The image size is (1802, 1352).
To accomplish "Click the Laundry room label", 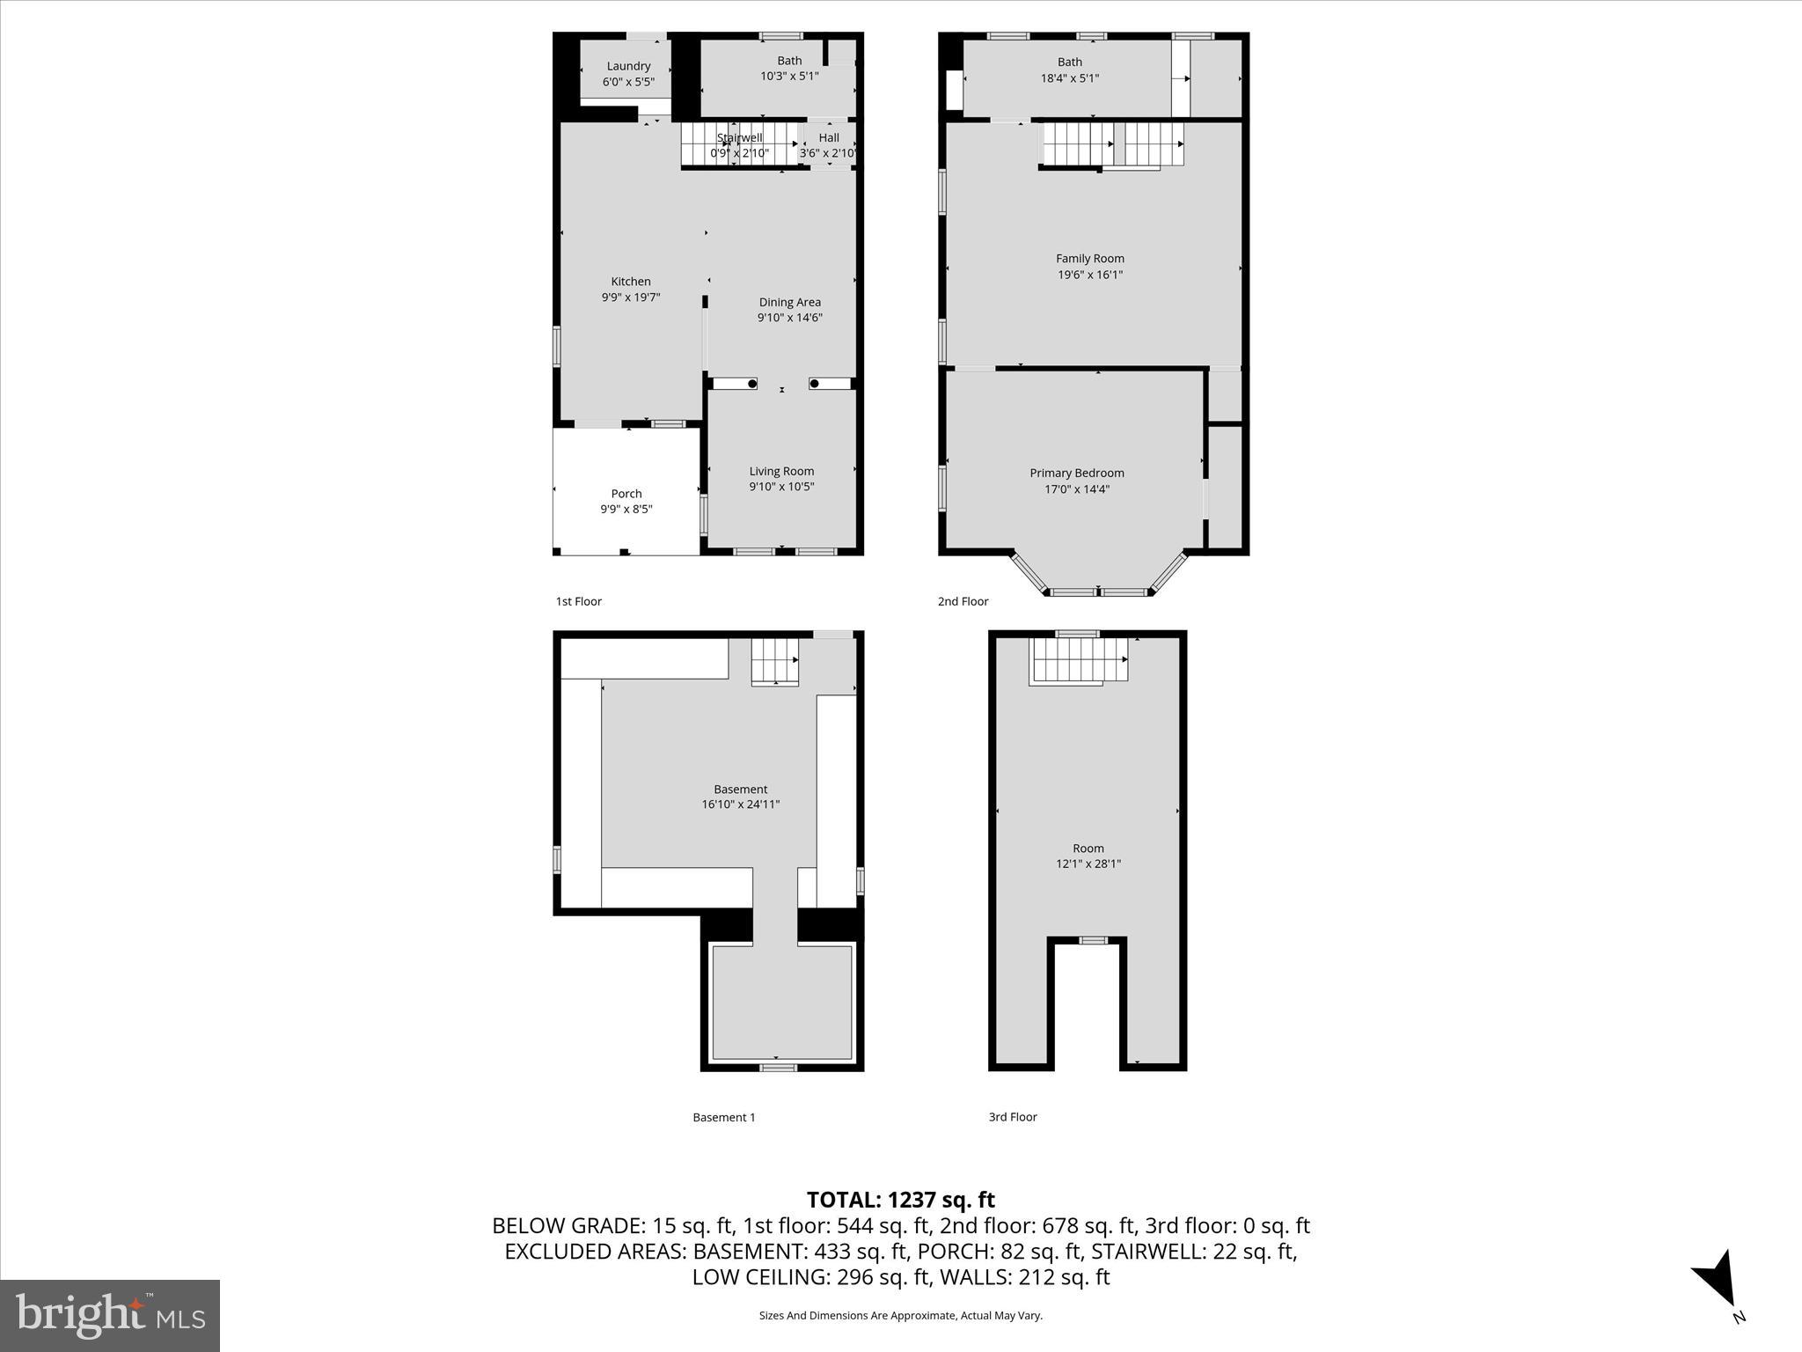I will pos(628,66).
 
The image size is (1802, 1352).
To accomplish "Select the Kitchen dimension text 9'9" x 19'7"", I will pos(631,298).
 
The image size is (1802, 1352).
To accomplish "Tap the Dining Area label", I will pos(789,302).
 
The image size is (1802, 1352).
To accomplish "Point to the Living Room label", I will pos(781,471).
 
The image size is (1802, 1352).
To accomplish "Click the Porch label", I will pos(626,494).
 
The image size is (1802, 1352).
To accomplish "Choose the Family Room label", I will pos(1090,259).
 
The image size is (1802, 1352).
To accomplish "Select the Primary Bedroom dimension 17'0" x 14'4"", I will pos(1077,489).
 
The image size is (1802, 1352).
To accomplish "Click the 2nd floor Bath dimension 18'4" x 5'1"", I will pos(1069,77).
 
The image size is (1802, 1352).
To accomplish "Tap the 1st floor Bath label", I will pos(789,61).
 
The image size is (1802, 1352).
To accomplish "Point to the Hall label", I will pos(829,137).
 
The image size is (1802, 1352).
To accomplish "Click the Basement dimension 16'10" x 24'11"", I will pos(740,805).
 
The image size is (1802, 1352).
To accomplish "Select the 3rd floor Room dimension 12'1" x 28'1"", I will pos(1088,863).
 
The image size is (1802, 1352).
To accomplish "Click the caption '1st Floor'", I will pos(578,601).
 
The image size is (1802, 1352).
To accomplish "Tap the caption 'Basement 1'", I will pos(723,1117).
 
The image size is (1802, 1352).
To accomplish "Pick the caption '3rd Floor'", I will pos(1013,1116).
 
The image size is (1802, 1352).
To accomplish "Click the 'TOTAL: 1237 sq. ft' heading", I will pos(900,1200).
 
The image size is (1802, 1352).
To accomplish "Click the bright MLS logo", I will pos(110,1315).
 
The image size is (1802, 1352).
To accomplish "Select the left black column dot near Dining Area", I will pos(751,384).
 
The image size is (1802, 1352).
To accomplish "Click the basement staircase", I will pos(774,662).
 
